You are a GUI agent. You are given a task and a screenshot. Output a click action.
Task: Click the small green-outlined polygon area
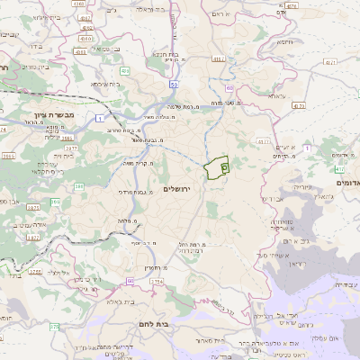pyautogui.click(x=217, y=168)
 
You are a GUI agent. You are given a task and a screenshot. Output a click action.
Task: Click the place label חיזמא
pyautogui.click(x=285, y=42)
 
